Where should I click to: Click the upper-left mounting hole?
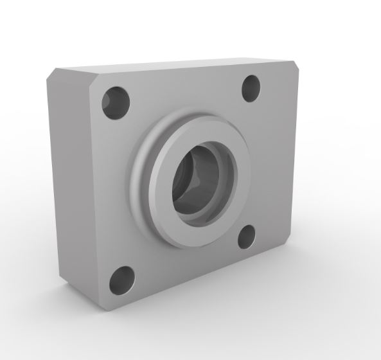point(116,103)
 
